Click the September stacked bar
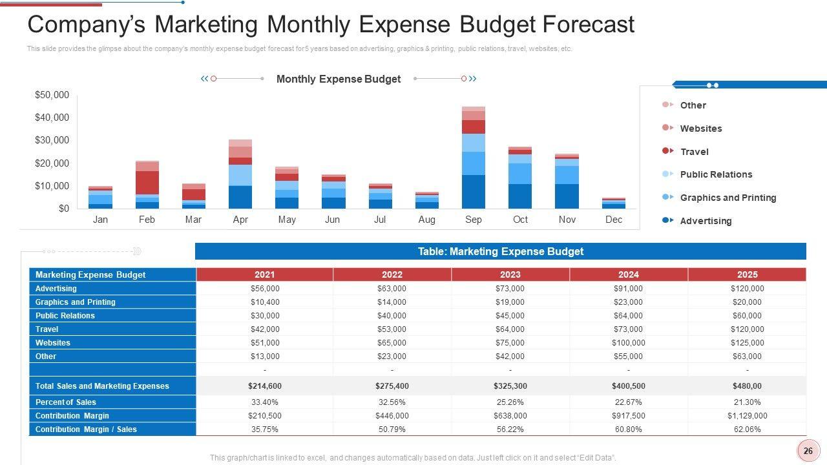[474, 158]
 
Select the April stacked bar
[240, 174]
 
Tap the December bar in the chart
[613, 203]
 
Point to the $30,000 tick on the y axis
[52, 140]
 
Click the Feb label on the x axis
[147, 220]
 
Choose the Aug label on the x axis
[426, 220]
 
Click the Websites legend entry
[700, 129]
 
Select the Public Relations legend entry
[716, 174]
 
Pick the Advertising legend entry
[706, 221]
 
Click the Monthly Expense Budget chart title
[339, 79]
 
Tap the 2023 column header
[510, 274]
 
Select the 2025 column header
[747, 274]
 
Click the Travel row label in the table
[47, 329]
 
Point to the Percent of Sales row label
[66, 402]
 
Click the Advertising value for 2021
[265, 289]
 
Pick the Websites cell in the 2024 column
[628, 343]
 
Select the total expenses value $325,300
[510, 386]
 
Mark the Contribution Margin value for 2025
[747, 416]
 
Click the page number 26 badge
[808, 451]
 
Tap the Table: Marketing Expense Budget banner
[500, 251]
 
